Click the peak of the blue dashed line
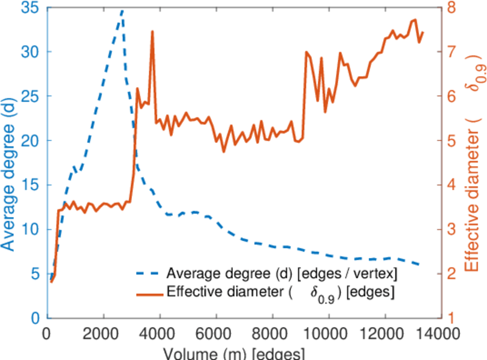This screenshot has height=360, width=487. [122, 10]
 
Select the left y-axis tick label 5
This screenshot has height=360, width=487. [37, 274]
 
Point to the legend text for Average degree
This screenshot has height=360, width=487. [282, 274]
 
